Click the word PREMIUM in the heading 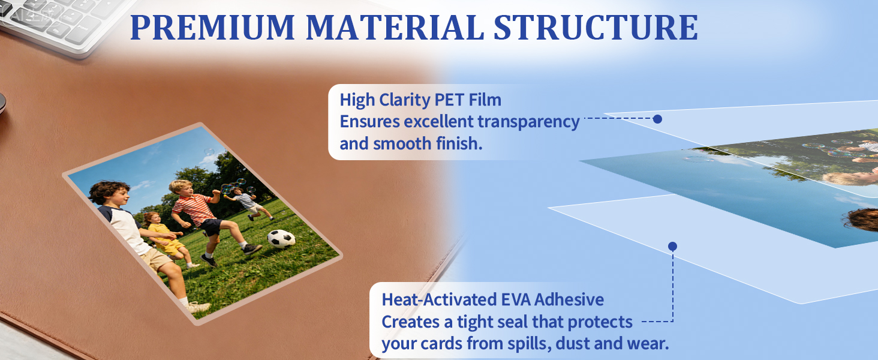tap(212, 27)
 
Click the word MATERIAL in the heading tap(394, 27)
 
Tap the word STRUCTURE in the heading tap(596, 27)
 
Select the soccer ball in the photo tap(281, 238)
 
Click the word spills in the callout tap(529, 344)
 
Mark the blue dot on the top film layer tap(658, 119)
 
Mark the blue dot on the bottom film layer tap(673, 246)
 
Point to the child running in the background tap(249, 205)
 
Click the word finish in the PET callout tap(459, 144)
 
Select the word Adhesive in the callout tap(569, 299)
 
